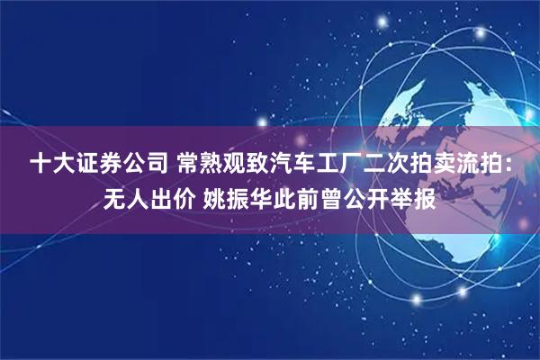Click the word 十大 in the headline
[x=50, y=164]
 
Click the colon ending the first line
[x=511, y=166]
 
